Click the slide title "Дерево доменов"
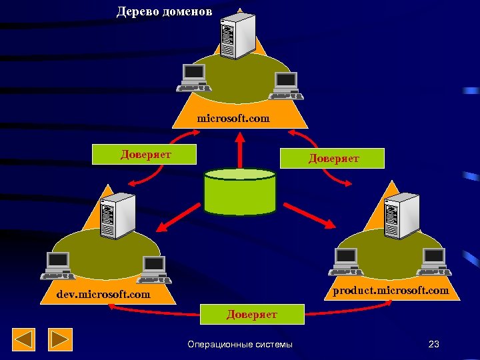[165, 11]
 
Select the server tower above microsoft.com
[238, 37]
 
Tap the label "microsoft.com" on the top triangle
[233, 119]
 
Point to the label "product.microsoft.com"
[391, 291]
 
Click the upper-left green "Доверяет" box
[145, 155]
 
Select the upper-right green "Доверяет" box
[333, 158]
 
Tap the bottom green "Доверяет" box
[252, 314]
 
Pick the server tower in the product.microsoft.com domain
[401, 215]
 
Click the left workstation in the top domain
[194, 77]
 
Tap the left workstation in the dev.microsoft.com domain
[58, 265]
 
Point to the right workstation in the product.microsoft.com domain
[434, 262]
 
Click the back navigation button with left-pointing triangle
[24, 340]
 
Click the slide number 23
[434, 344]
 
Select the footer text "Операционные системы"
[240, 344]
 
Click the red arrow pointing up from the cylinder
[239, 150]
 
